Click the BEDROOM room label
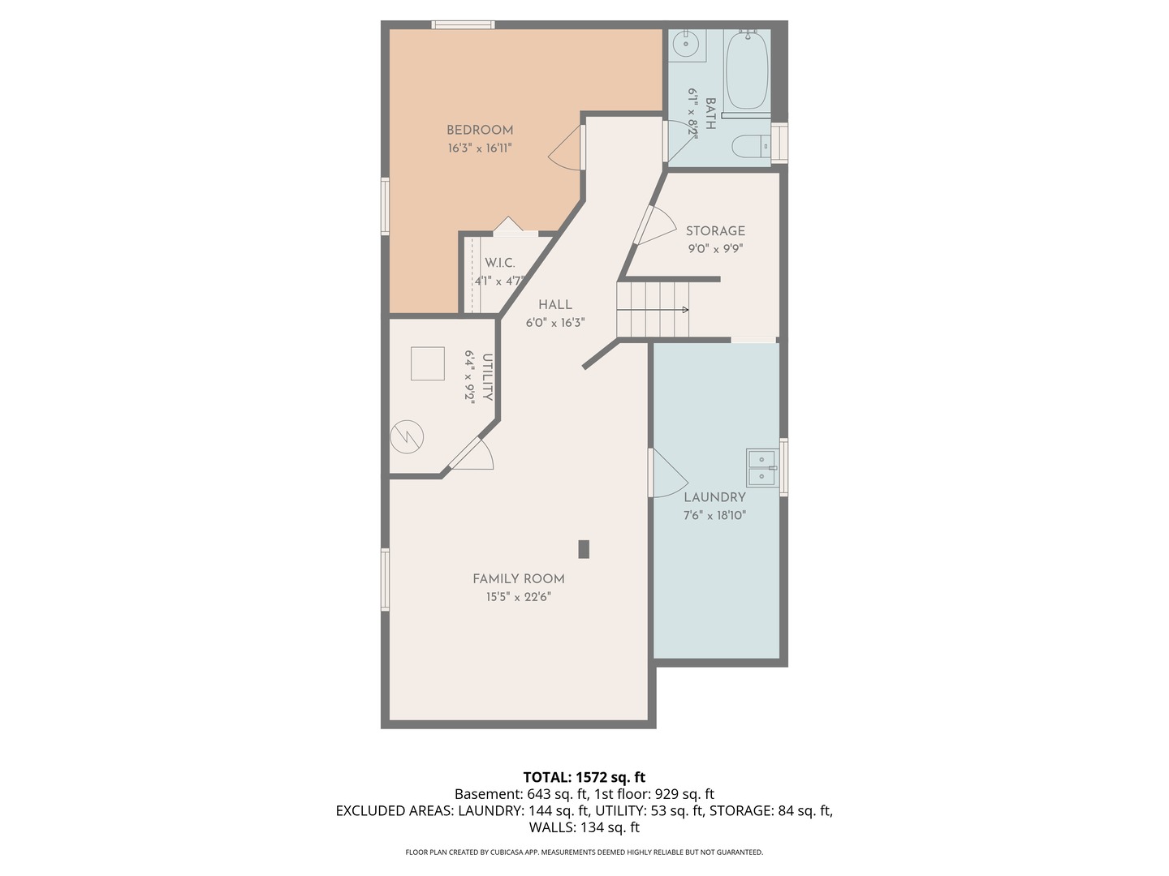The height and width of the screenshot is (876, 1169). pos(479,131)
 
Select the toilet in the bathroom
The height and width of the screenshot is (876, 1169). pos(751,146)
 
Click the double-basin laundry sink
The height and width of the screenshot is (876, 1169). pos(762,467)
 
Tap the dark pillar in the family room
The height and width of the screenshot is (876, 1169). pos(584,549)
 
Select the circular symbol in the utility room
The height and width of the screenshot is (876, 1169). pos(407,437)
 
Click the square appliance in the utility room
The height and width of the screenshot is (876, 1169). pos(428,364)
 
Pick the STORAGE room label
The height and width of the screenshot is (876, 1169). pos(714,231)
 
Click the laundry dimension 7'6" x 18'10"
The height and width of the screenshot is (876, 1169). pos(714,515)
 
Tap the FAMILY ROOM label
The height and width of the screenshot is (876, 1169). pos(518,578)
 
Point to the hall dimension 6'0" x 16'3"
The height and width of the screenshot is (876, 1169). pos(555,323)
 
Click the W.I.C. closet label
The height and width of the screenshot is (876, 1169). pos(499,263)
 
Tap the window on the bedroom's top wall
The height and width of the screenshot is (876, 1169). pos(463,24)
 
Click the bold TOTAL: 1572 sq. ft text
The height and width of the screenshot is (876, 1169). pos(584,777)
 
